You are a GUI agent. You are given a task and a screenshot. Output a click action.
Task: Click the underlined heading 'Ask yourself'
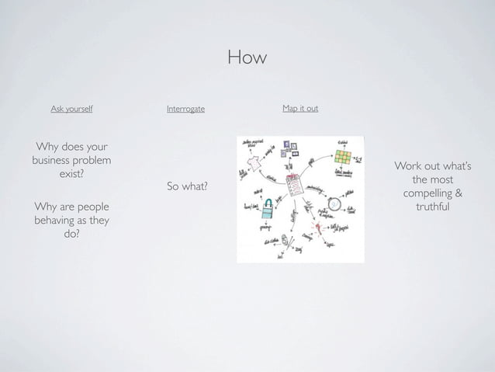click(71, 109)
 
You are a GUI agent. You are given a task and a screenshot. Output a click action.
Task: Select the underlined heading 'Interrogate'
click(185, 109)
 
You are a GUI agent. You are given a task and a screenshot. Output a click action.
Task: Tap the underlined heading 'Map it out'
click(300, 108)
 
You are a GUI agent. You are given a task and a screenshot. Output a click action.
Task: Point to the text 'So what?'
click(187, 186)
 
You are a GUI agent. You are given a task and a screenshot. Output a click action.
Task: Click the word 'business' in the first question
click(52, 161)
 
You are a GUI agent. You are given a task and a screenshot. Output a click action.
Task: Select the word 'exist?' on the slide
click(71, 174)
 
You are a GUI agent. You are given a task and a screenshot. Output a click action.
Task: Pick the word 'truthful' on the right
click(433, 207)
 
